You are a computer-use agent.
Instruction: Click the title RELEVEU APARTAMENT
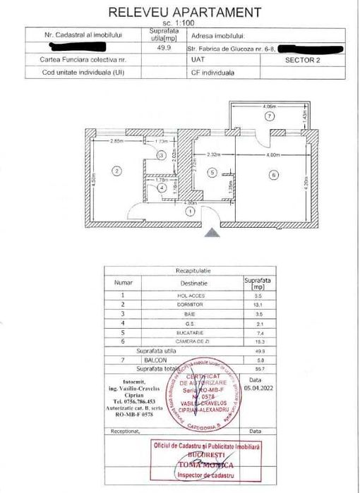pos(184,12)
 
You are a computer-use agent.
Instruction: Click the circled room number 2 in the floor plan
pos(117,169)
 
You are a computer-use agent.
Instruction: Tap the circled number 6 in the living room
pos(272,176)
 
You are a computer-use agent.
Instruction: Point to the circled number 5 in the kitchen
pos(211,171)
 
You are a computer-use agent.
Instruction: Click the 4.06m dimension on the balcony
pos(268,106)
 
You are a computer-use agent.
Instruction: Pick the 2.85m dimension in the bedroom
pos(117,142)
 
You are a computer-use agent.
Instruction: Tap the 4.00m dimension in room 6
pos(272,154)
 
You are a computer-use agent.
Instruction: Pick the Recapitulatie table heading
pos(193,270)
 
